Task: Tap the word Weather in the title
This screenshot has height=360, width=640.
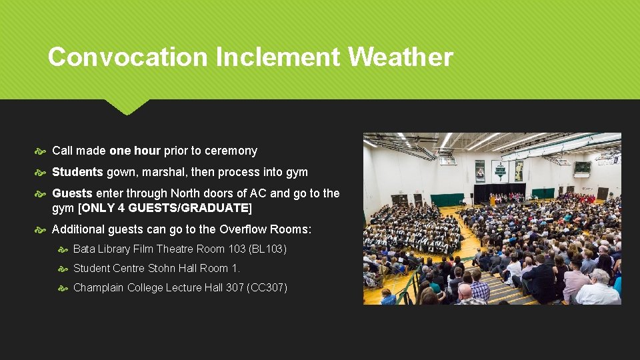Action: point(400,57)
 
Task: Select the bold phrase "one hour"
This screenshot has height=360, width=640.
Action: point(135,151)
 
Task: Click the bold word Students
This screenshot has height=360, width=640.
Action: point(77,172)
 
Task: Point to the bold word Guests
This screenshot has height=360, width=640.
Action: point(72,193)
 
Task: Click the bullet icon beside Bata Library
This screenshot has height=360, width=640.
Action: point(63,249)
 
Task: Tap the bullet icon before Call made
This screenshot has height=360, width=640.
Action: point(42,151)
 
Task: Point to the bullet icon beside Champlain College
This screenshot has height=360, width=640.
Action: point(63,289)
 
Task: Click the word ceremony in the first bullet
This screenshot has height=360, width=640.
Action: point(231,151)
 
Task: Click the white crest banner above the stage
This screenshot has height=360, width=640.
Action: point(499,171)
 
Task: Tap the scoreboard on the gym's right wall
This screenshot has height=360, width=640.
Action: point(582,167)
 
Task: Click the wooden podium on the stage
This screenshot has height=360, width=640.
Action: point(493,200)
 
